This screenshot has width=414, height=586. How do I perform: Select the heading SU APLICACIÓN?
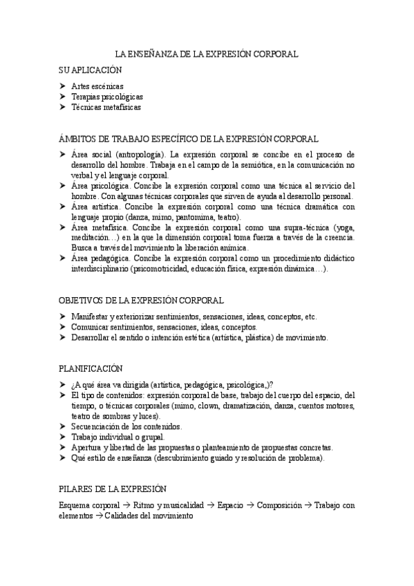pyautogui.click(x=91, y=70)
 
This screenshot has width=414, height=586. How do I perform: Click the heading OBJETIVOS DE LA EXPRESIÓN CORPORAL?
pyautogui.click(x=141, y=300)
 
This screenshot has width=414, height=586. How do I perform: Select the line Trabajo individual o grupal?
pyautogui.click(x=115, y=437)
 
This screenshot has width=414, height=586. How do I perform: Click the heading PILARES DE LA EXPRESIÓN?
pyautogui.click(x=113, y=489)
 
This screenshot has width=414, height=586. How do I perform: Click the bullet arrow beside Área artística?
pyautogui.click(x=62, y=207)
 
